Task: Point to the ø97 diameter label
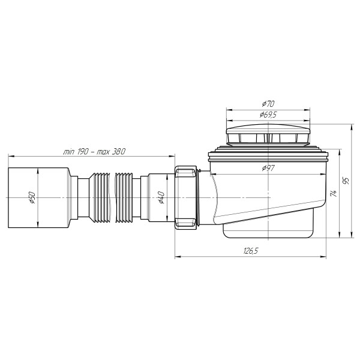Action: click(268, 169)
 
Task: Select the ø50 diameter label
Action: click(33, 198)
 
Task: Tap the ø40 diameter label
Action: click(161, 197)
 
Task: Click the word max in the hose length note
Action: click(103, 151)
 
